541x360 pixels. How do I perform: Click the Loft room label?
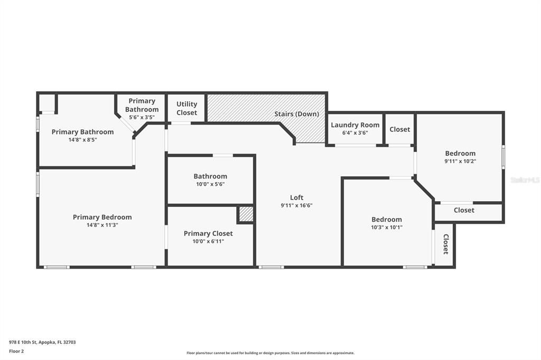click(296, 197)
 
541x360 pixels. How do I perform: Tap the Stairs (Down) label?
click(296, 114)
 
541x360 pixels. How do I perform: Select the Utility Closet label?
click(186, 108)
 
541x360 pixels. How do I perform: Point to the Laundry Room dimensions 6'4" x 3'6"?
click(355, 133)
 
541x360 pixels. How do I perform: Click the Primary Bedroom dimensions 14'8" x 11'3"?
click(102, 225)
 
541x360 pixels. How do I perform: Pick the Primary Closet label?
click(208, 233)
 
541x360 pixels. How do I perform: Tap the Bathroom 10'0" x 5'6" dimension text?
click(210, 184)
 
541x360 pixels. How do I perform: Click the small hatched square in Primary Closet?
click(245, 214)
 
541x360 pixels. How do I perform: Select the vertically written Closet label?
click(445, 244)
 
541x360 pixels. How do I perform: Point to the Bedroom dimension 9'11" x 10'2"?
click(460, 161)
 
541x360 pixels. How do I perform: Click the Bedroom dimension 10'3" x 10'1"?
click(386, 227)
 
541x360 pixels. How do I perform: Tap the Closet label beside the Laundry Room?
click(399, 129)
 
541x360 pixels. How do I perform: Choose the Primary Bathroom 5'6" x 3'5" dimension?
click(142, 117)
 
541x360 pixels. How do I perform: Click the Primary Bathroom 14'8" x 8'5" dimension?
click(82, 140)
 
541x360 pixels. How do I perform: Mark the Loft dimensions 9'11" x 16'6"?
click(296, 205)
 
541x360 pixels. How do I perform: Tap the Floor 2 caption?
click(16, 352)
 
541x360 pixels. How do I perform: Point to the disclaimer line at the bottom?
click(270, 353)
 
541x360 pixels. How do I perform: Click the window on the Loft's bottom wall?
click(271, 267)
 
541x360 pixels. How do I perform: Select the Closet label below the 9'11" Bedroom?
click(464, 210)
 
